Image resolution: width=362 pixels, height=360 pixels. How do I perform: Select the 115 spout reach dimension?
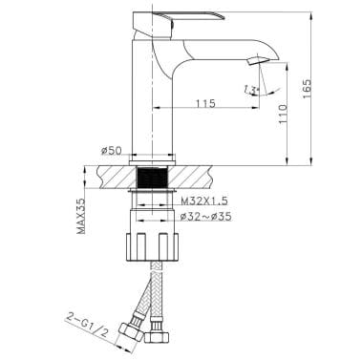click(x=202, y=102)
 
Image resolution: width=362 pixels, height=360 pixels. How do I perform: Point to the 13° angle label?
click(x=252, y=91)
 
